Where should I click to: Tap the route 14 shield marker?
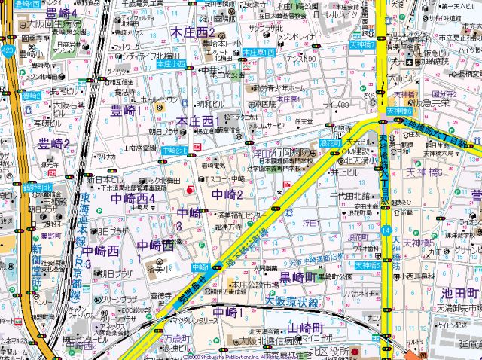(x=386, y=229)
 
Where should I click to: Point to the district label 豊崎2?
(x=55, y=143)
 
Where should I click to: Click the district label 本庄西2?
(x=194, y=33)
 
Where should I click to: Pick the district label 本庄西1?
(x=198, y=122)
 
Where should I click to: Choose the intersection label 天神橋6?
(x=399, y=111)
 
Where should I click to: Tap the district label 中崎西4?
(x=133, y=198)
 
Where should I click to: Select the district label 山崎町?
(x=305, y=328)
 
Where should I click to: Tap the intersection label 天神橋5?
(x=365, y=265)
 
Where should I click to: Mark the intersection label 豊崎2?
(x=31, y=96)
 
